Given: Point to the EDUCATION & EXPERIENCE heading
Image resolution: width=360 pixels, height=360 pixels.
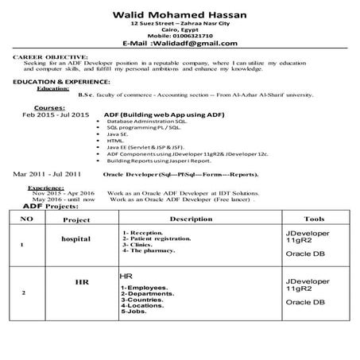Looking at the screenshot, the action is pos(62,82).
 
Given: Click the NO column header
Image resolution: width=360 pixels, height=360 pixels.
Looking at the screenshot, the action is pos(25,218).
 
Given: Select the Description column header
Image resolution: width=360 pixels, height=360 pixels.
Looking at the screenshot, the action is pos(191,218).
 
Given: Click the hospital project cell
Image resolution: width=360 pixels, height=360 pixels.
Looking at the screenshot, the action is pos(75,238).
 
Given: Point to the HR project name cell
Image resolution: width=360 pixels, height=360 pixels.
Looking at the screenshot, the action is pos(81,282).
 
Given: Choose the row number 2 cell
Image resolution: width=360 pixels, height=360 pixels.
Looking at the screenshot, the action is pos(25,293).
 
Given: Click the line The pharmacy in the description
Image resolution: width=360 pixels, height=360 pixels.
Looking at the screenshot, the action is pos(151,250).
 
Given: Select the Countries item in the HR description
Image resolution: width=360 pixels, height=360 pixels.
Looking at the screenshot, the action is pos(145,300).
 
